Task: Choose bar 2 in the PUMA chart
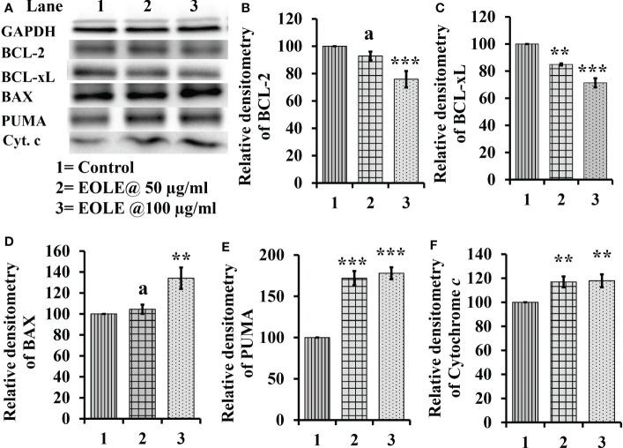click(353, 355)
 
